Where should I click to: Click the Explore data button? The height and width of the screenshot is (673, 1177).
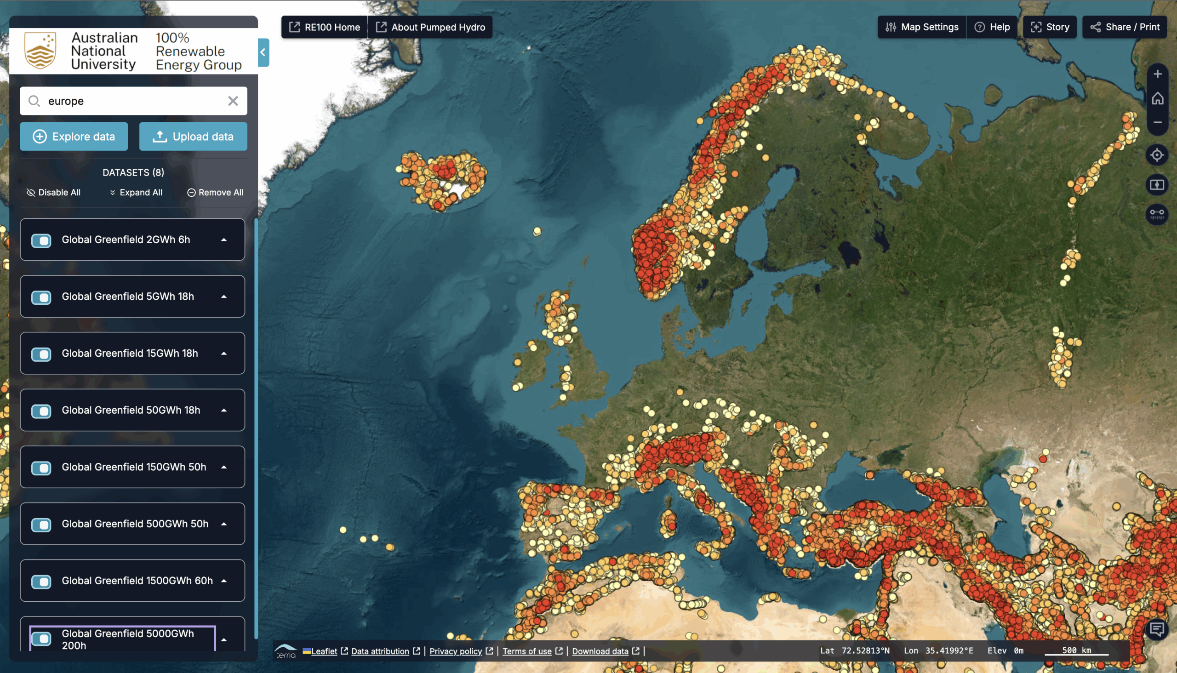[74, 137]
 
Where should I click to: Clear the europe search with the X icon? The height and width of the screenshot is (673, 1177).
[233, 101]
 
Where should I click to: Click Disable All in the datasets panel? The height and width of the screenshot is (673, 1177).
[54, 192]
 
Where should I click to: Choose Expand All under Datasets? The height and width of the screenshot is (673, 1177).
[137, 192]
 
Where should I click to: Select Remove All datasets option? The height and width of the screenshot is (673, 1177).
[216, 192]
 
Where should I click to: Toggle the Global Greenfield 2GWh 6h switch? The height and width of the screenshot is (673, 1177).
[41, 240]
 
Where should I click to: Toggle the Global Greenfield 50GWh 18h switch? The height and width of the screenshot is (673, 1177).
[41, 411]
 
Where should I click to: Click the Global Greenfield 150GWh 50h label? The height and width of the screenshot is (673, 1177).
[134, 467]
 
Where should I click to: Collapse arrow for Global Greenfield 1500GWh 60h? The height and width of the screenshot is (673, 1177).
[224, 581]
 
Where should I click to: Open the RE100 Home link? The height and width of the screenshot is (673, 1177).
[325, 27]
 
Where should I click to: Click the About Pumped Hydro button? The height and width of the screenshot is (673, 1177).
[431, 27]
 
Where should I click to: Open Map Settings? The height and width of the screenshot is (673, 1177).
[922, 27]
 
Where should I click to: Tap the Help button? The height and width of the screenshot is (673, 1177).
[993, 27]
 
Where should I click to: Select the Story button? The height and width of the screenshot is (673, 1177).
[1050, 27]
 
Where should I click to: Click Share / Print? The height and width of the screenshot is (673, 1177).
[1125, 27]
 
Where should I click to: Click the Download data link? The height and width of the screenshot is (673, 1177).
[600, 651]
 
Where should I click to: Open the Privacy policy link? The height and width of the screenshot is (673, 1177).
[455, 651]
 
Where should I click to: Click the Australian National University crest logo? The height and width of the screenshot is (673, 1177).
[40, 51]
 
